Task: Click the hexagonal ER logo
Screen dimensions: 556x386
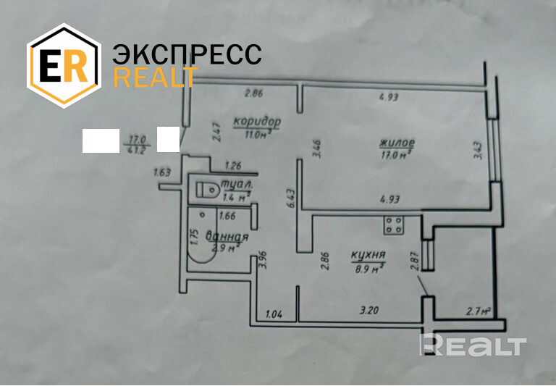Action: tap(62, 66)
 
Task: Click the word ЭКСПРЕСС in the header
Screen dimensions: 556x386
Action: tap(187, 55)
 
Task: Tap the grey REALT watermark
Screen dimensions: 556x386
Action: tap(474, 345)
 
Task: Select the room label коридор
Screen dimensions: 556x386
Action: tap(256, 121)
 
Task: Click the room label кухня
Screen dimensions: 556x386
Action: tap(368, 255)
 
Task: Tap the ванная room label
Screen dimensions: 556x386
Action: tap(227, 237)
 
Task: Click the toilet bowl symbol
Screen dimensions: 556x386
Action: tap(207, 190)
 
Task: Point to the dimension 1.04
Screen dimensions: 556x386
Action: tap(274, 314)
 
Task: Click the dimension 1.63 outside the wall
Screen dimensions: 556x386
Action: tap(162, 172)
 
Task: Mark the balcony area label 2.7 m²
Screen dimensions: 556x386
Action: tap(478, 312)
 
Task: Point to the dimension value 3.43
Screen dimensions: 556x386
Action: tap(479, 151)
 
